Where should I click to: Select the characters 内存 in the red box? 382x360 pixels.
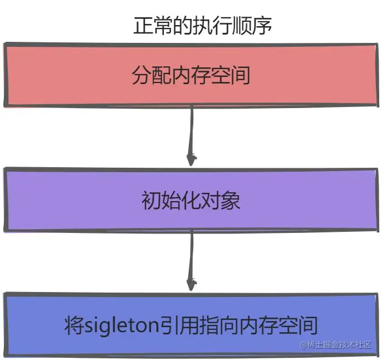[x=191, y=75]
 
